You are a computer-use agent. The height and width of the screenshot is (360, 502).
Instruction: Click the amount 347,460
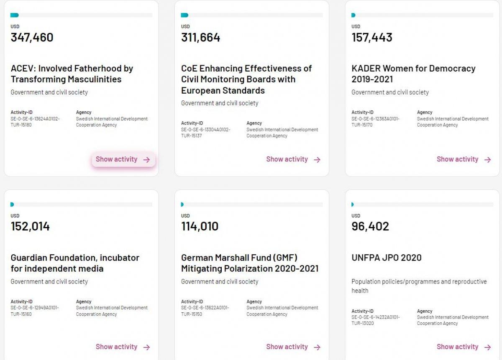32,38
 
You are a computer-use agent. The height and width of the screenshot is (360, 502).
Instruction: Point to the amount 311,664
200,38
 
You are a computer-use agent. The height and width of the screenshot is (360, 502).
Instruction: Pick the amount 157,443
372,38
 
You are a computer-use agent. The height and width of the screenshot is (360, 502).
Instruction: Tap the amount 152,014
30,227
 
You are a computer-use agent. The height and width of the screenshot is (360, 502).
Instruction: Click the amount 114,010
200,227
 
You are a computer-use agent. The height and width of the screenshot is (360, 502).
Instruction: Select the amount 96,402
370,227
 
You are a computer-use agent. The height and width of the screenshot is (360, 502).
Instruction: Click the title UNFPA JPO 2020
387,258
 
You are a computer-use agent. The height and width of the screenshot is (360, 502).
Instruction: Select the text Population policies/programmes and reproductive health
419,286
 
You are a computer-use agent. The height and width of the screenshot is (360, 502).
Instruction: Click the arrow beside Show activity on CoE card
317,160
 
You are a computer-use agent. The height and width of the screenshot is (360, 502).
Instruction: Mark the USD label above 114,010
185,216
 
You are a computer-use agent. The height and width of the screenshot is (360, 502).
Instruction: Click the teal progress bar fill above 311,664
184,15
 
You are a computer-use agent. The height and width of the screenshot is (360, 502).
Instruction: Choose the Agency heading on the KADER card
425,112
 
